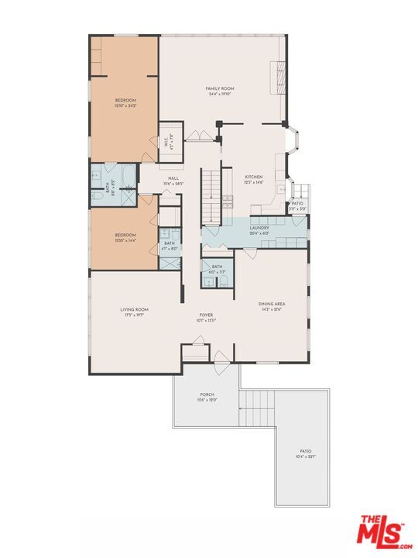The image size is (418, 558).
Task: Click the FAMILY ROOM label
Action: (220, 89)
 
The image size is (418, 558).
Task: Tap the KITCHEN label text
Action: (254, 177)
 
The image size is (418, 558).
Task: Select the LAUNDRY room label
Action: (259, 228)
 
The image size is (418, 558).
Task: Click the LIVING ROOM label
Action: (134, 310)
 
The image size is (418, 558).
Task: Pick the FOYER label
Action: (205, 315)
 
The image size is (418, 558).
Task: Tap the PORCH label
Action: (207, 395)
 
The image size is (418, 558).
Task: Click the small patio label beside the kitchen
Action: (298, 205)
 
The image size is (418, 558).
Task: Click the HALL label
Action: (173, 179)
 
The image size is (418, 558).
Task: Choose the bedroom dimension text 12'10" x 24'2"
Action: (125, 105)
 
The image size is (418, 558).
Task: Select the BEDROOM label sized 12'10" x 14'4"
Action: (125, 235)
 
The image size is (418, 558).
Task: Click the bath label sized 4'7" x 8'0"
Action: (170, 245)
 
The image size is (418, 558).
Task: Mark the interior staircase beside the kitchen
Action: (211, 196)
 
